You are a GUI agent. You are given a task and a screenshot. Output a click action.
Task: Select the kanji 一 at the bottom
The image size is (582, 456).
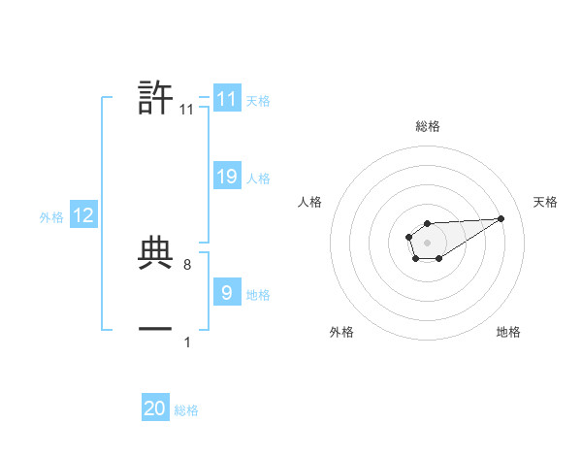156,329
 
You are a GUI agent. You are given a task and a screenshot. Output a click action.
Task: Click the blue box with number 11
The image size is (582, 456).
226,99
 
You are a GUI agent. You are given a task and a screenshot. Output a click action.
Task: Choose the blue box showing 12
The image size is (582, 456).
83,215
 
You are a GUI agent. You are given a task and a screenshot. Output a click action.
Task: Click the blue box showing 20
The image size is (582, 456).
155,408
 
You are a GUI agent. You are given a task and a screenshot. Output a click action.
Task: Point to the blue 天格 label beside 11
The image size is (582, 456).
258,101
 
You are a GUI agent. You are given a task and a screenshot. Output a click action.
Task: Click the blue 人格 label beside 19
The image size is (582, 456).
258,179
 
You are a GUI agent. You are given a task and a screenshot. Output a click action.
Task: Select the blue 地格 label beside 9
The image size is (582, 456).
258,294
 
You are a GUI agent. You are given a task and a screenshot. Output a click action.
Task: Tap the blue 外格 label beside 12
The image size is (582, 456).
51,218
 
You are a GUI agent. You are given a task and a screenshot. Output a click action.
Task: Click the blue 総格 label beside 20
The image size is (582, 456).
186,411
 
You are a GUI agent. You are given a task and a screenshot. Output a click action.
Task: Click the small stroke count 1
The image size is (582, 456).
186,342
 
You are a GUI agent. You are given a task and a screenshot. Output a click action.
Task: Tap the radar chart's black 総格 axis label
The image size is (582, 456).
427,126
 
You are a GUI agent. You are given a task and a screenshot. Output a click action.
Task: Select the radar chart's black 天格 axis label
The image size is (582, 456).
545,202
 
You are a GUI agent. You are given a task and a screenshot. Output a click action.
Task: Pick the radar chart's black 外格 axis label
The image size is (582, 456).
341,332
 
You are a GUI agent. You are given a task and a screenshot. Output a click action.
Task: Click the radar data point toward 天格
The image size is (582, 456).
501,218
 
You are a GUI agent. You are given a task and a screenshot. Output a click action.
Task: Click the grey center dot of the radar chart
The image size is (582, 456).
427,242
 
